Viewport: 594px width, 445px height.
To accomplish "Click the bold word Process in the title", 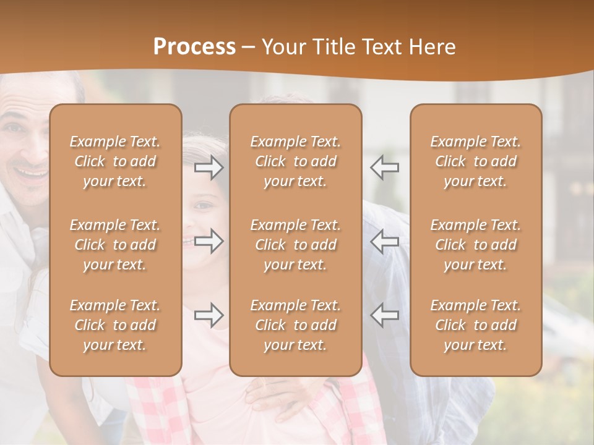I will coord(194,47).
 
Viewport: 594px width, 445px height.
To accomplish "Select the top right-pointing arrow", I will coord(209,167).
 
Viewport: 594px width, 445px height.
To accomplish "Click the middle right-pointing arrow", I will coord(209,241).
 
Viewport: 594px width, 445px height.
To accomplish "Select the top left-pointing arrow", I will coord(384,167).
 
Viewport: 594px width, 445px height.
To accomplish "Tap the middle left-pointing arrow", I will coord(384,241).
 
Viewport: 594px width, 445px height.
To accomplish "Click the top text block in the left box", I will coord(115,161).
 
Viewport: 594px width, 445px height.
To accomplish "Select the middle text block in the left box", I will coord(115,245).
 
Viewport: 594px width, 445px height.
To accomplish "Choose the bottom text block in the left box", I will coord(115,325).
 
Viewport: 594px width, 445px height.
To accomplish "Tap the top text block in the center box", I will coord(296,161).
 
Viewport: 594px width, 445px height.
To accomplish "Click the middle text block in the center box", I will coord(296,245).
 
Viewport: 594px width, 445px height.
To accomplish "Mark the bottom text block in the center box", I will coord(296,325).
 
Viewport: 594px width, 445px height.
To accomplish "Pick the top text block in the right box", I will coord(476,161).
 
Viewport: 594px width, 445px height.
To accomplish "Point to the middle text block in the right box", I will coord(476,245).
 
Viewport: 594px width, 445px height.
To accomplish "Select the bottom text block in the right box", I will coord(476,325).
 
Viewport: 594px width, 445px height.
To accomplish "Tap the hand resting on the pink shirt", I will coord(272,392).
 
